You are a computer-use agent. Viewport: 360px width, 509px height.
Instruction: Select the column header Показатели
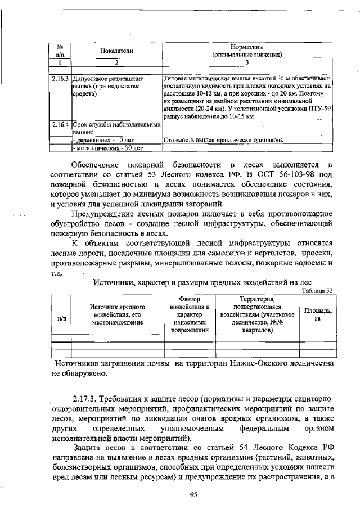[116, 51]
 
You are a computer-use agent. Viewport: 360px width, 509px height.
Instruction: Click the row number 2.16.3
[60, 79]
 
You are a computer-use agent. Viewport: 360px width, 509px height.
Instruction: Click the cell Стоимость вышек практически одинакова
[222, 139]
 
